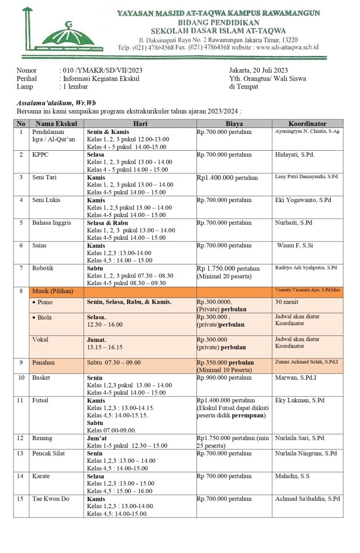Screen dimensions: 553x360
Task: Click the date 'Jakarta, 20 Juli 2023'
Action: coord(258,70)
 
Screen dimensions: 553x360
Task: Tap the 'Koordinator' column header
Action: coord(307,123)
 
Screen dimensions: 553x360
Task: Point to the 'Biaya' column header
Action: coord(234,123)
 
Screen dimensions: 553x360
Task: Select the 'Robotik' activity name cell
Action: coord(43,268)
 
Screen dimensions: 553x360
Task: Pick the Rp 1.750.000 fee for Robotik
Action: coord(228,268)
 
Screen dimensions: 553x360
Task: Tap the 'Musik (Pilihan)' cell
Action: coord(52,292)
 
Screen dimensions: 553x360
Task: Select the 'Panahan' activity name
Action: coord(44,363)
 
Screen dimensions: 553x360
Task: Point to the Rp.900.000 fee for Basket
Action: coord(224,378)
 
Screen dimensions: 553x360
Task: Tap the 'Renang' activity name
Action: coord(43,438)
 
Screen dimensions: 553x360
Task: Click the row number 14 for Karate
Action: coord(21,476)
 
